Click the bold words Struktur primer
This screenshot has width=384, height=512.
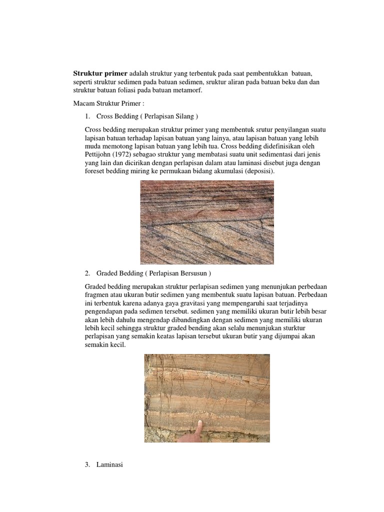pyautogui.click(x=100, y=72)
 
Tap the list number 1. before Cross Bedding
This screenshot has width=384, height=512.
pyautogui.click(x=87, y=116)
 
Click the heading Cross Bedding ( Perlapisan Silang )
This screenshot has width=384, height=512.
pyautogui.click(x=147, y=116)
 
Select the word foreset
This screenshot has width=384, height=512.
pyautogui.click(x=96, y=171)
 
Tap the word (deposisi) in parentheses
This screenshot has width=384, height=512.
pyautogui.click(x=258, y=171)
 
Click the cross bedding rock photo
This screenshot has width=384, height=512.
pyautogui.click(x=207, y=222)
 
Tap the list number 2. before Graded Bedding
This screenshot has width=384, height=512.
pyautogui.click(x=87, y=273)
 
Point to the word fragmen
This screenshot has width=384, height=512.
pyautogui.click(x=99, y=295)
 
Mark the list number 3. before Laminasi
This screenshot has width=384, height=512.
pyautogui.click(x=87, y=465)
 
